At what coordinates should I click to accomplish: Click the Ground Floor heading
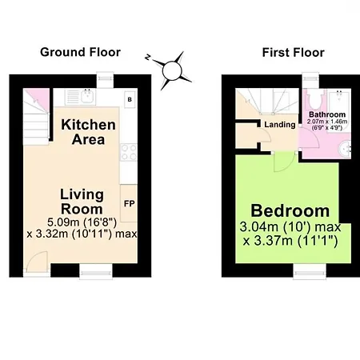tap(80, 52)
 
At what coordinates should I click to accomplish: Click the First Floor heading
tap(294, 52)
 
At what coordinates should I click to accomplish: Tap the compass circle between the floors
tap(172, 70)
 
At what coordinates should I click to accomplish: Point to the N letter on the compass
tap(148, 57)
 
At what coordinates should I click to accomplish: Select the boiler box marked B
tap(130, 99)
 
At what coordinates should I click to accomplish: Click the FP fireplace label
tap(130, 204)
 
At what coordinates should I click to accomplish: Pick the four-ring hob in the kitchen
tap(129, 152)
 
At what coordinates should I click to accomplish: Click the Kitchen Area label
tap(88, 132)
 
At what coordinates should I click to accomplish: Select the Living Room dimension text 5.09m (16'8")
tap(82, 222)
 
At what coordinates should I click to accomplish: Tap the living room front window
tap(96, 272)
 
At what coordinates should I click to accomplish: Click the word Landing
tap(280, 125)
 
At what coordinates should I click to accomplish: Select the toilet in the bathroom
tap(314, 98)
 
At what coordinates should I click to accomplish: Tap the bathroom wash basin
tap(345, 149)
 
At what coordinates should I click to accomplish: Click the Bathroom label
tap(327, 114)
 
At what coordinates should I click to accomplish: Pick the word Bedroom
tap(290, 210)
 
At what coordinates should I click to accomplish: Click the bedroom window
tap(310, 272)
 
